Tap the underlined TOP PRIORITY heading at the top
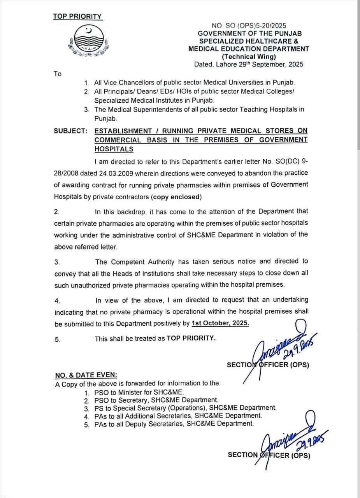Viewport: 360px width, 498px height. click(77, 16)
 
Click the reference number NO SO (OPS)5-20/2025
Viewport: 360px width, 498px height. click(249, 25)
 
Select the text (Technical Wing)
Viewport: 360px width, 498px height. click(249, 56)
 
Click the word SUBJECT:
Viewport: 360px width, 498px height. click(70, 131)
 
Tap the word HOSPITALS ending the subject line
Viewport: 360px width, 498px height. click(114, 149)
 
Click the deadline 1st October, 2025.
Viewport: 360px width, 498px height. click(220, 323)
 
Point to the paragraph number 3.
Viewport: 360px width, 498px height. click(57, 262)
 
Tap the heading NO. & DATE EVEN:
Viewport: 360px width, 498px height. click(86, 375)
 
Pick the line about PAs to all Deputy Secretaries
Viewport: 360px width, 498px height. click(174, 424)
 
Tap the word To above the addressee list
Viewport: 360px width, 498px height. click(58, 74)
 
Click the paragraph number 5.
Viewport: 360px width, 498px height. click(58, 339)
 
